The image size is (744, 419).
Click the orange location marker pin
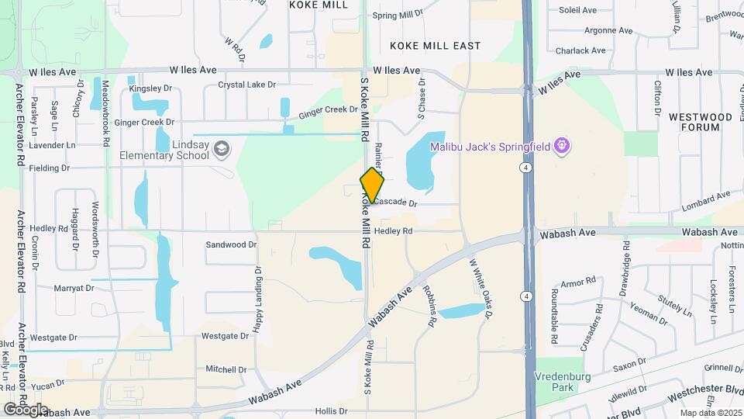click(372, 186)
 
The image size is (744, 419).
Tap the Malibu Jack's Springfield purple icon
click(563, 145)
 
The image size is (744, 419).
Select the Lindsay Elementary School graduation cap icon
click(222, 147)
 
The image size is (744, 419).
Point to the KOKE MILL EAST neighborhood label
click(436, 46)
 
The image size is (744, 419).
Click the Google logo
click(26, 409)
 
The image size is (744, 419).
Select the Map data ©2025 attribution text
click(710, 413)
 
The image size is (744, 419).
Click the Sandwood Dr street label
click(231, 244)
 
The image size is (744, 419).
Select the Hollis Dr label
click(332, 411)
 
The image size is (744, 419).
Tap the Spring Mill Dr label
click(398, 14)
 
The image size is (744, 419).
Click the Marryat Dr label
click(74, 288)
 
